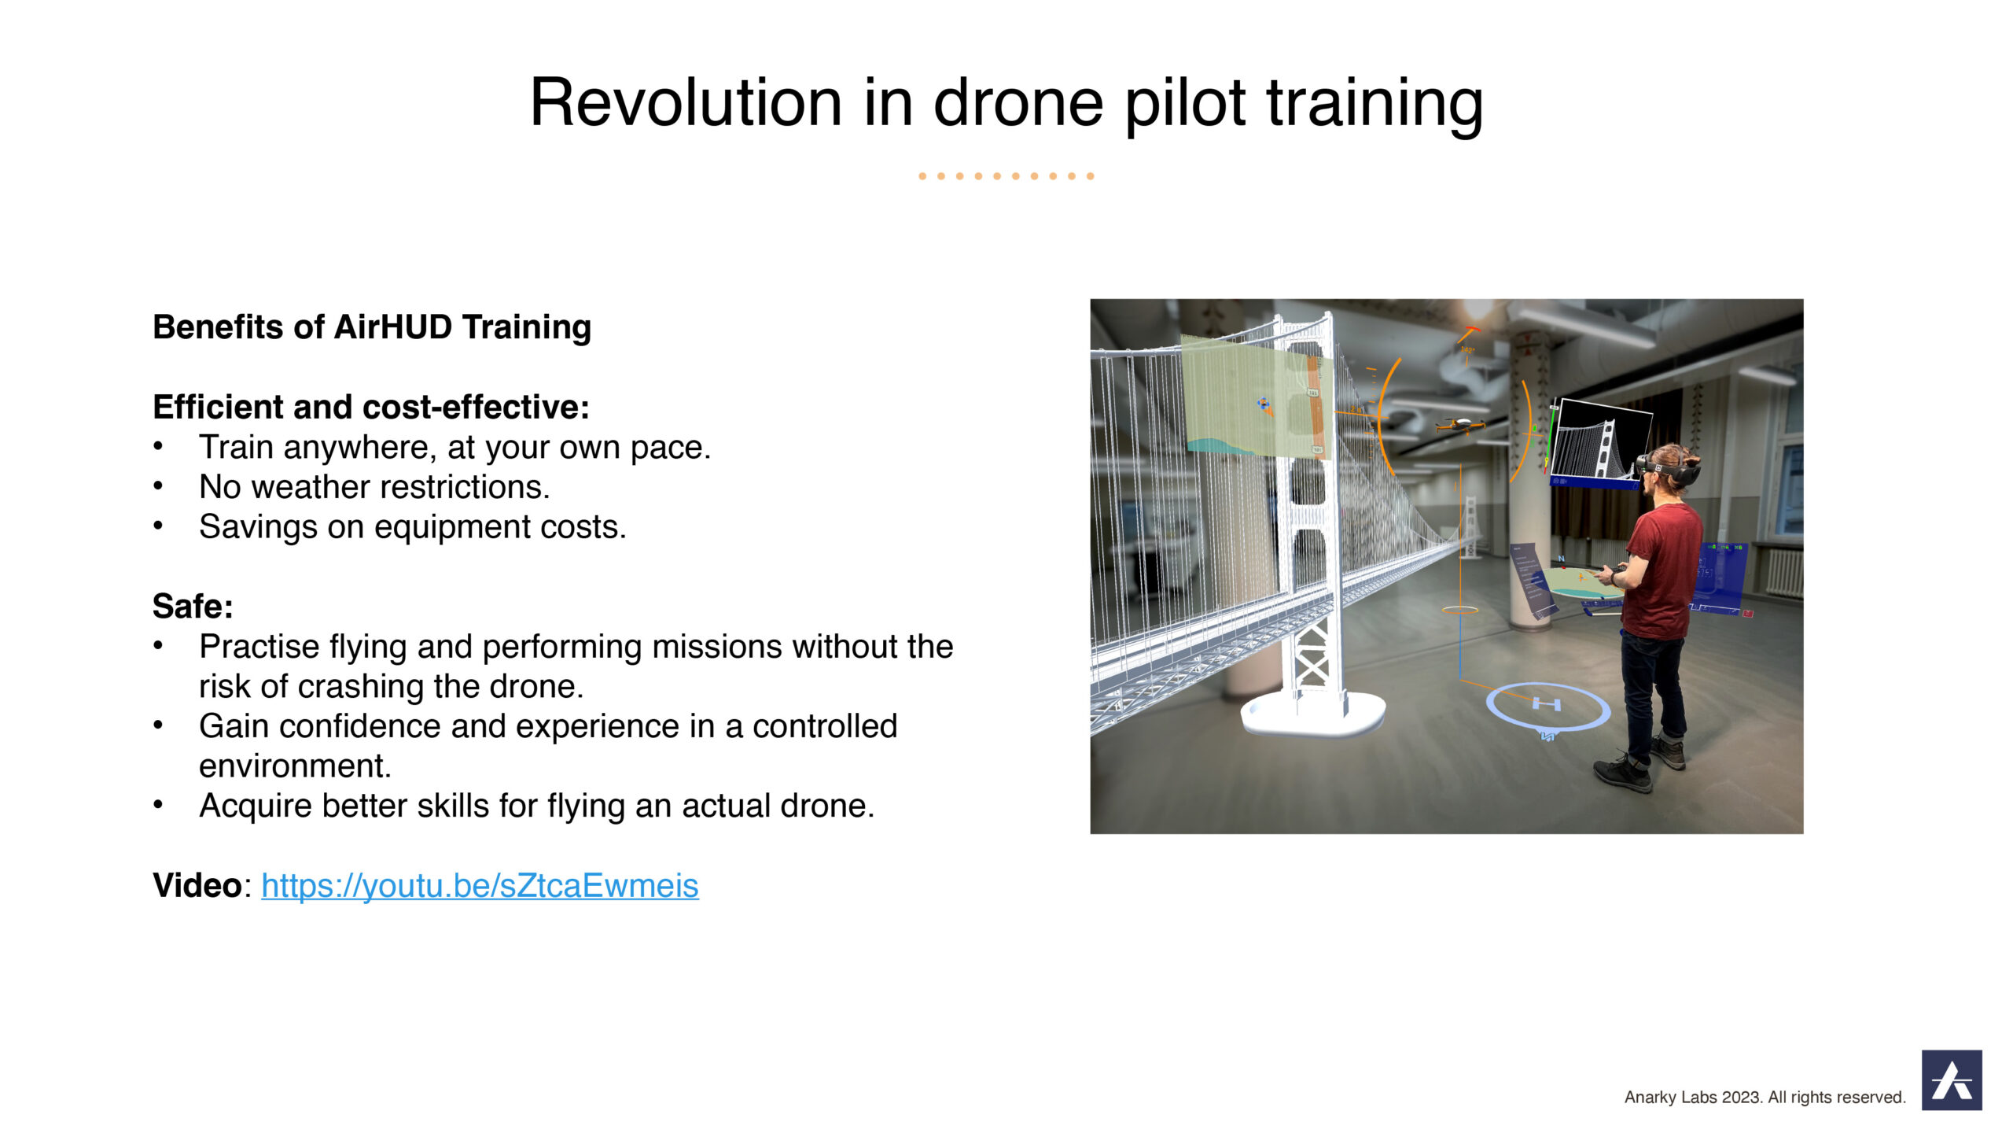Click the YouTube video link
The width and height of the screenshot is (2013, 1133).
pyautogui.click(x=480, y=886)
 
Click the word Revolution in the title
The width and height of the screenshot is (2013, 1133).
pyautogui.click(x=686, y=102)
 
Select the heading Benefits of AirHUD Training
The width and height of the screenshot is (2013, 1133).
pyautogui.click(x=372, y=327)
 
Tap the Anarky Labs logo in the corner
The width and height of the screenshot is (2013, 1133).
pyautogui.click(x=1952, y=1079)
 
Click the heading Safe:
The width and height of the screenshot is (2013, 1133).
pyautogui.click(x=193, y=607)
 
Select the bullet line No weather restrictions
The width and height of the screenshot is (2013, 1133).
pyautogui.click(x=374, y=487)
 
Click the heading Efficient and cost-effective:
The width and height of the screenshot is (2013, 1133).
pyautogui.click(x=371, y=408)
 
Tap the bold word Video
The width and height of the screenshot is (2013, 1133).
pyautogui.click(x=197, y=886)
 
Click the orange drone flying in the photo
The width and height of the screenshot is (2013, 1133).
pyautogui.click(x=1460, y=426)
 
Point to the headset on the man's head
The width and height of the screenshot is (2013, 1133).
pyautogui.click(x=1669, y=470)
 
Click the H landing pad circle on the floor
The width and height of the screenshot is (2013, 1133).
pyautogui.click(x=1547, y=706)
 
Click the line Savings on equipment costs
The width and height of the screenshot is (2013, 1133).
pyautogui.click(x=413, y=527)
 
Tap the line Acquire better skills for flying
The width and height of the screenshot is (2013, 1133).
pyautogui.click(x=537, y=806)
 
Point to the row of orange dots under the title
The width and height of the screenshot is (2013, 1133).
pyautogui.click(x=1006, y=176)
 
